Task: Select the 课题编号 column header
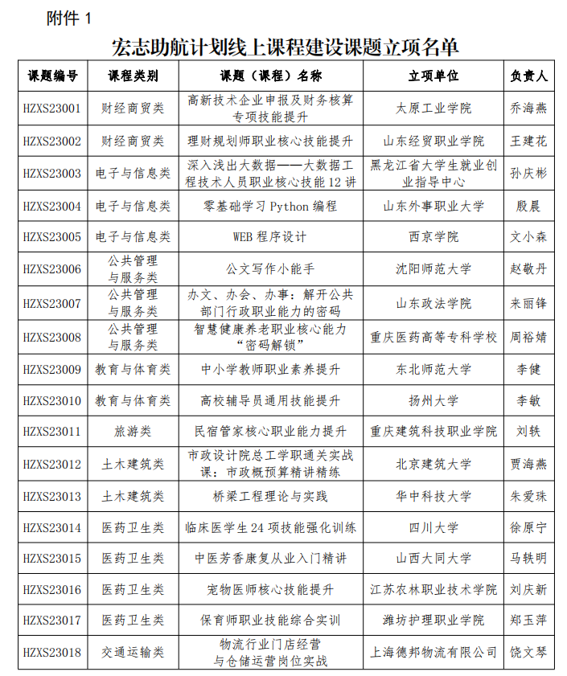pos(52,76)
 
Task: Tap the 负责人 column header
pos(528,76)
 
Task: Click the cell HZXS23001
pos(52,108)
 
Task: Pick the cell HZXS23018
pos(52,652)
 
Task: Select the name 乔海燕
pos(528,108)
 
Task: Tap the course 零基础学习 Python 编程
pos(270,206)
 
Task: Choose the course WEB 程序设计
pos(270,237)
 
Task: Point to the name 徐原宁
pos(528,528)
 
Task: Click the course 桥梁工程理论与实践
pos(270,496)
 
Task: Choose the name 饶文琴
pos(528,652)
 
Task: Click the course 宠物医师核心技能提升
pos(270,590)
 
